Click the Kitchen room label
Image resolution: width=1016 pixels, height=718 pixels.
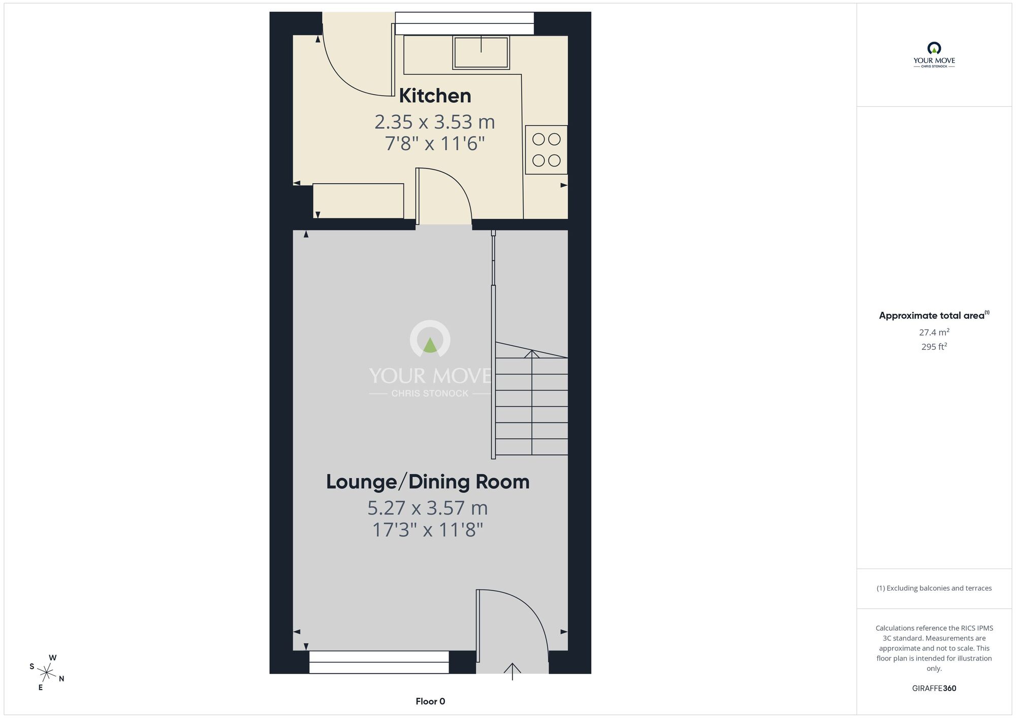[x=435, y=95]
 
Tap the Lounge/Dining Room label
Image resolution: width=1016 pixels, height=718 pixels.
[x=428, y=482]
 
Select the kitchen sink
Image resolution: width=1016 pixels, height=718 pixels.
[x=481, y=52]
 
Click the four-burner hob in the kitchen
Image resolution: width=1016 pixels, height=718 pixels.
[x=546, y=150]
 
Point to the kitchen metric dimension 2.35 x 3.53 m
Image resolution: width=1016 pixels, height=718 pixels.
[x=435, y=122]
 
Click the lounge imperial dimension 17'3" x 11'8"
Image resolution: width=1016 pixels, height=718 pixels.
[x=428, y=530]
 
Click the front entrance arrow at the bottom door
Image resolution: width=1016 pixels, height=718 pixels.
[x=512, y=671]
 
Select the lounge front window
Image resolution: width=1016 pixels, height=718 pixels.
[x=379, y=662]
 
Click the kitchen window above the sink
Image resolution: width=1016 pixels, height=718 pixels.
[x=464, y=23]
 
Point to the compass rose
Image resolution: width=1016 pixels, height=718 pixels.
[x=47, y=673]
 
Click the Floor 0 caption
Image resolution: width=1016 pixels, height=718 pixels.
[x=430, y=701]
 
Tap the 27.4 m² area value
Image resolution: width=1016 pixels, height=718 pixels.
[x=934, y=332]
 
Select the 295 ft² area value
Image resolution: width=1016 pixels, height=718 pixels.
[x=934, y=347]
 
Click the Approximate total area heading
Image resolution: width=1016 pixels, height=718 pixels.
[x=934, y=315]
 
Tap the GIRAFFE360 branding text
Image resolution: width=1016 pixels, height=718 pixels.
[x=934, y=689]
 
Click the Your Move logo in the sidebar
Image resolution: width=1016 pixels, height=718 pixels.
[x=934, y=55]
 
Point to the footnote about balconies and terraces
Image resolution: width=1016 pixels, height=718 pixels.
[x=934, y=588]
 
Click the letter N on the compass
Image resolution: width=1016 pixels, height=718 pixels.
[x=61, y=679]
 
